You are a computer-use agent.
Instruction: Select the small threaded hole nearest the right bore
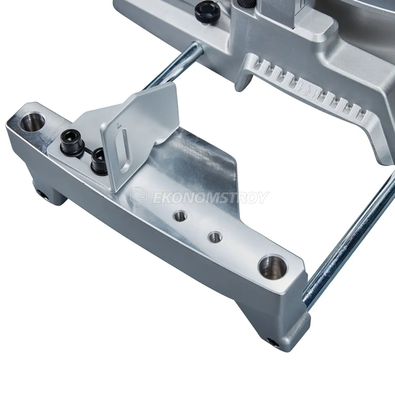(x=214, y=236)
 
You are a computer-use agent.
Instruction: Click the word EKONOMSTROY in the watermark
(x=210, y=197)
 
